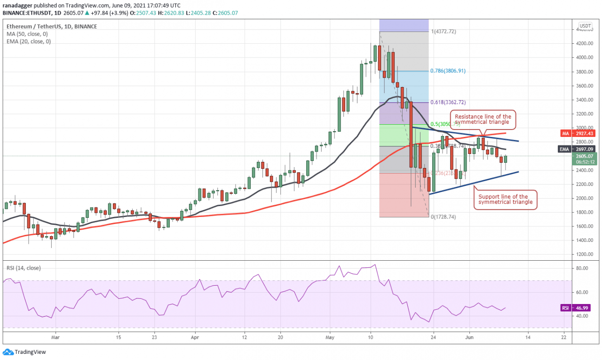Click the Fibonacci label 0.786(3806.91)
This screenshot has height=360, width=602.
tap(449, 71)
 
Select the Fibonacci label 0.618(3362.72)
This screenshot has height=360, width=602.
tap(449, 102)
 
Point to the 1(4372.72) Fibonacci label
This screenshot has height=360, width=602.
tap(443, 32)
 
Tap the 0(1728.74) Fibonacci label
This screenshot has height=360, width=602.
tap(443, 217)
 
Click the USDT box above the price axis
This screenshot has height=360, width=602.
tap(585, 26)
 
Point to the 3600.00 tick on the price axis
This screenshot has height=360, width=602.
tap(585, 86)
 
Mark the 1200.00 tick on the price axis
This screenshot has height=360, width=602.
tap(585, 255)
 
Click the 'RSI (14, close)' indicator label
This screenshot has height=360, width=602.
tap(24, 268)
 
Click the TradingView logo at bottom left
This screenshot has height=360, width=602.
tap(24, 352)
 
